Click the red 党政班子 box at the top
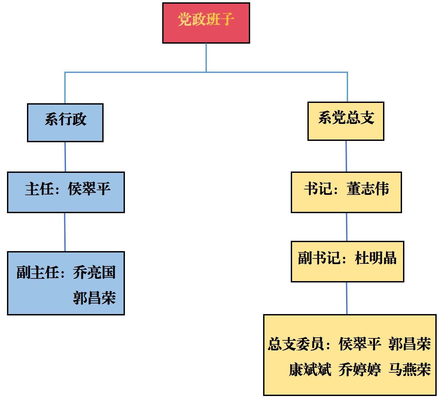[206, 23]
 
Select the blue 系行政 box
[65, 123]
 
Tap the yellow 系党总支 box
[346, 121]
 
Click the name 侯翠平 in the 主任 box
[89, 189]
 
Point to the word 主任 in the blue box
[39, 189]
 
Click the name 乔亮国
[94, 272]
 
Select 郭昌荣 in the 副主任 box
[94, 297]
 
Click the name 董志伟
[368, 189]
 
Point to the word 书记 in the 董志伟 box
[318, 189]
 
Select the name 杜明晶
[376, 258]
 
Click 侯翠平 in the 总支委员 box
[360, 344]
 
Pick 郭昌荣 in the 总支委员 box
[410, 344]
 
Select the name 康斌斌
[310, 369]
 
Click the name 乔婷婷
[360, 369]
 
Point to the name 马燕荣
[410, 369]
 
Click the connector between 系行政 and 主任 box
[65, 157]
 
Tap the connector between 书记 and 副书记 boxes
[346, 227]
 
